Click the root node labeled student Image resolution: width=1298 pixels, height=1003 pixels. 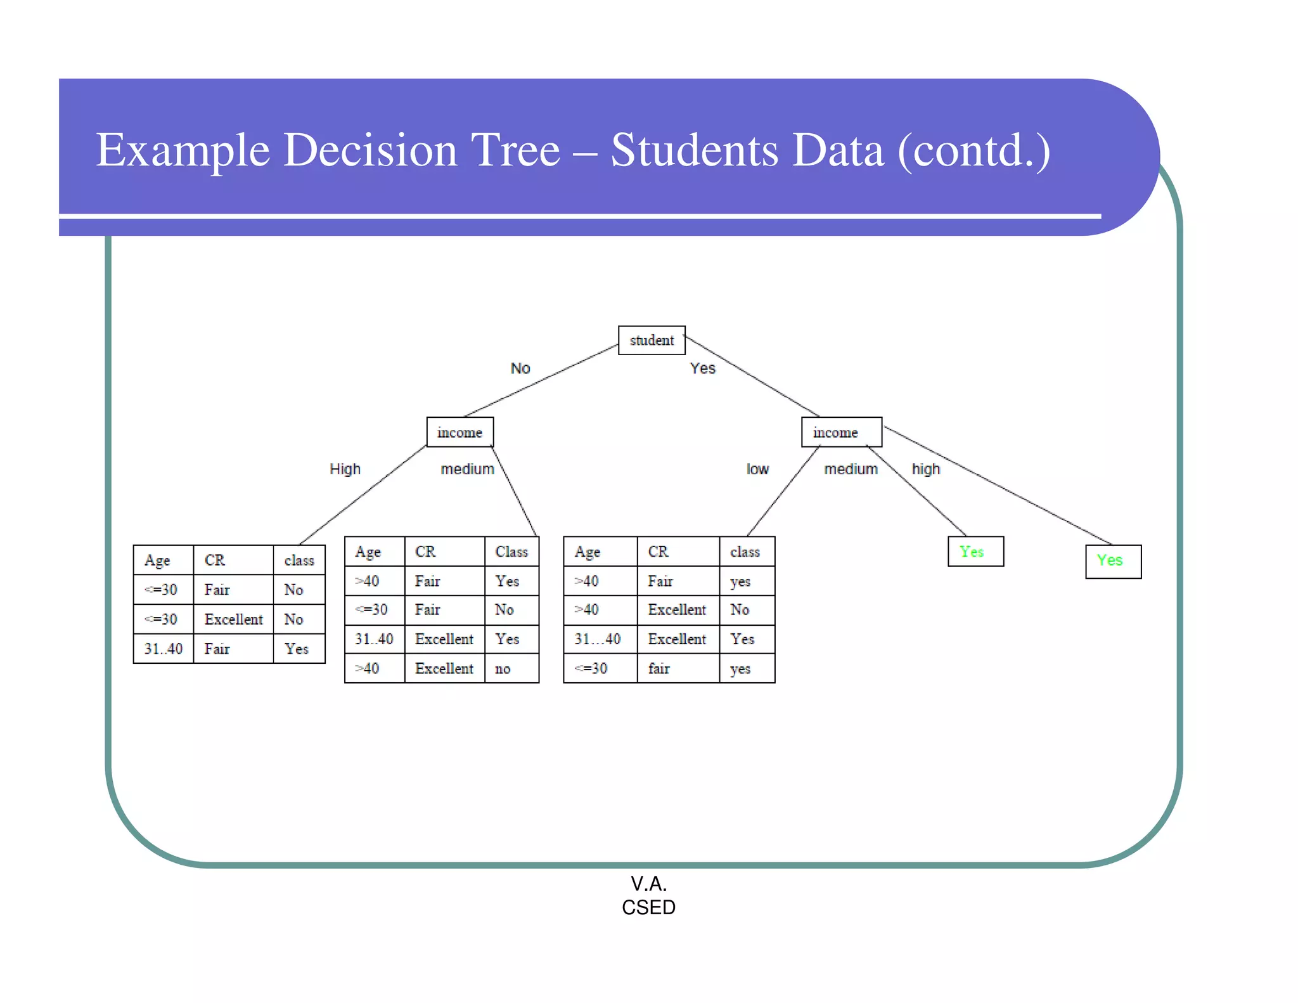click(652, 340)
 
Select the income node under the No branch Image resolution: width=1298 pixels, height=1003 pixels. click(459, 432)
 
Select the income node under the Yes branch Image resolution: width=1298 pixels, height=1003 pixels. click(840, 432)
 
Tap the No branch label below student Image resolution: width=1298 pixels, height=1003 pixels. click(520, 368)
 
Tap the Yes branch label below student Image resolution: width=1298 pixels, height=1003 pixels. click(702, 368)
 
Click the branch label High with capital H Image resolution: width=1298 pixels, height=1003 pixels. click(345, 469)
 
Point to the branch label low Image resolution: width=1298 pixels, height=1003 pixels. click(757, 469)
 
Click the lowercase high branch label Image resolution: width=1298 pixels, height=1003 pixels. click(925, 469)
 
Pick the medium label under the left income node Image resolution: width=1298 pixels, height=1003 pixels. click(467, 469)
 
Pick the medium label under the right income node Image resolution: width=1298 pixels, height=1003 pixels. click(851, 469)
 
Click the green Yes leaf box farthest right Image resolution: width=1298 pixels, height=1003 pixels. click(1112, 561)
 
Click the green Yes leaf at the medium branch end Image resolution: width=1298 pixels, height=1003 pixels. click(975, 552)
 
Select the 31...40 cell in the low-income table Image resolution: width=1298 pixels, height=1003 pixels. click(598, 639)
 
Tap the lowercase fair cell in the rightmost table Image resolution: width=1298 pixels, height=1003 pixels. click(659, 669)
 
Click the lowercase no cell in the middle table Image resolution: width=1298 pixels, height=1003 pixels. click(503, 669)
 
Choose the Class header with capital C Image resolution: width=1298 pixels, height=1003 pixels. click(511, 552)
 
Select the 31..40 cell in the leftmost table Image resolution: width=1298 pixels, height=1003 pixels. click(163, 649)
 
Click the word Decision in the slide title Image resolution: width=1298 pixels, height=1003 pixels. click(369, 150)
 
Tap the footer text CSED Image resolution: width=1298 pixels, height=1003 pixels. click(648, 907)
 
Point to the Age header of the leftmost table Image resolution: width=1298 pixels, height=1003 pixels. click(157, 560)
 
